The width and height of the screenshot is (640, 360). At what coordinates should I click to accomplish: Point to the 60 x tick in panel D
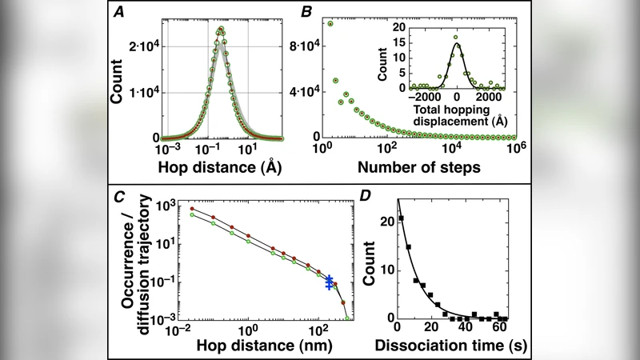click(x=500, y=330)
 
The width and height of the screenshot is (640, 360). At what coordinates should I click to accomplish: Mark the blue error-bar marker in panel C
click(x=329, y=282)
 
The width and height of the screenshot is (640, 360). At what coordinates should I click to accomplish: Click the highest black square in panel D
click(x=402, y=218)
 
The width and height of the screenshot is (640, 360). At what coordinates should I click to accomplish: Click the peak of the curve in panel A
click(x=221, y=30)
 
